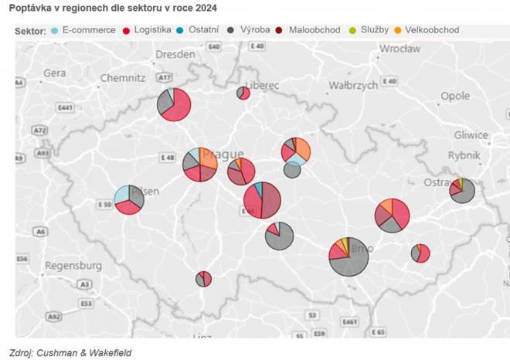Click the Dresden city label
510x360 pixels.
pyautogui.click(x=175, y=55)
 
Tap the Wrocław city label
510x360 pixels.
pyautogui.click(x=399, y=49)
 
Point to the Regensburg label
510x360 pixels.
pyautogui.click(x=73, y=266)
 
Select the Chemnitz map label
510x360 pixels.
pyautogui.click(x=123, y=78)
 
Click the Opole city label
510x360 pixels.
pyautogui.click(x=454, y=96)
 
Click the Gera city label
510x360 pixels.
pyautogui.click(x=55, y=73)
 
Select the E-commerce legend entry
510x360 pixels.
pyautogui.click(x=83, y=30)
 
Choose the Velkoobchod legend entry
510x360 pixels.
pyautogui.click(x=426, y=30)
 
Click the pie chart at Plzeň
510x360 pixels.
pyautogui.click(x=129, y=201)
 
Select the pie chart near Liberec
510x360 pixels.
pyautogui.click(x=243, y=93)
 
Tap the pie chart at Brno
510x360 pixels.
pyautogui.click(x=348, y=256)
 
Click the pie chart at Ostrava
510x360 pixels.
pyautogui.click(x=462, y=190)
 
